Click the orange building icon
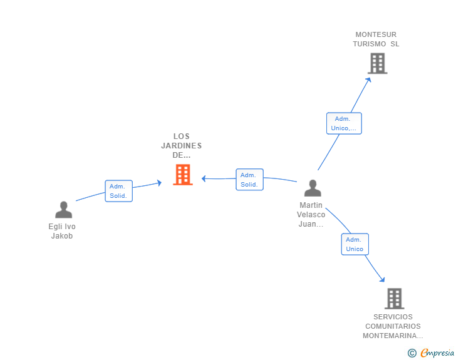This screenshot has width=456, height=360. coord(183,175)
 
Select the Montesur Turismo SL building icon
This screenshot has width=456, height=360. coord(378,63)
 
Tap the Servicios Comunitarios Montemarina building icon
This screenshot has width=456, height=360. coord(395,299)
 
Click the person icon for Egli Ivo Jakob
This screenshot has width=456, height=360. coord(63,210)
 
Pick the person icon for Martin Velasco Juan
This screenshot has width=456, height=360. coord(313,188)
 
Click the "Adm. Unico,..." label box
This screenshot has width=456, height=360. coord(344,123)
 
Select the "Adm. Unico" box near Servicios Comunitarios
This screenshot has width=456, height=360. coord(355,244)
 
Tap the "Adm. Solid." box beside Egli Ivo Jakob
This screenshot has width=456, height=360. coord(118,191)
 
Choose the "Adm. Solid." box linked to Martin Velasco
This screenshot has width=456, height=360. coord(249,180)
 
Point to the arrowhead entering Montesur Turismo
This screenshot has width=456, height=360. coord(368,80)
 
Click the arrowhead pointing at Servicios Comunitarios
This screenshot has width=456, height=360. coord(383,280)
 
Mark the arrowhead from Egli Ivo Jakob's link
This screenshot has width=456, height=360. coord(159,183)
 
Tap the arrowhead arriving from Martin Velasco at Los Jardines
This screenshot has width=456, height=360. coord(204,178)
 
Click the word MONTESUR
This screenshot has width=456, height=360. coord(376,34)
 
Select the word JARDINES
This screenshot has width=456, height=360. coord(182,146)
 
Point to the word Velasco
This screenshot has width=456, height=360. coord(311,215)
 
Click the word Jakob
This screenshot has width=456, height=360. coord(62,236)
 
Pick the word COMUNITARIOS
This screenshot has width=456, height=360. coord(393,326)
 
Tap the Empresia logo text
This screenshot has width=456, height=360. coord(437,353)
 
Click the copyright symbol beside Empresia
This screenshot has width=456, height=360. coord(412,353)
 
